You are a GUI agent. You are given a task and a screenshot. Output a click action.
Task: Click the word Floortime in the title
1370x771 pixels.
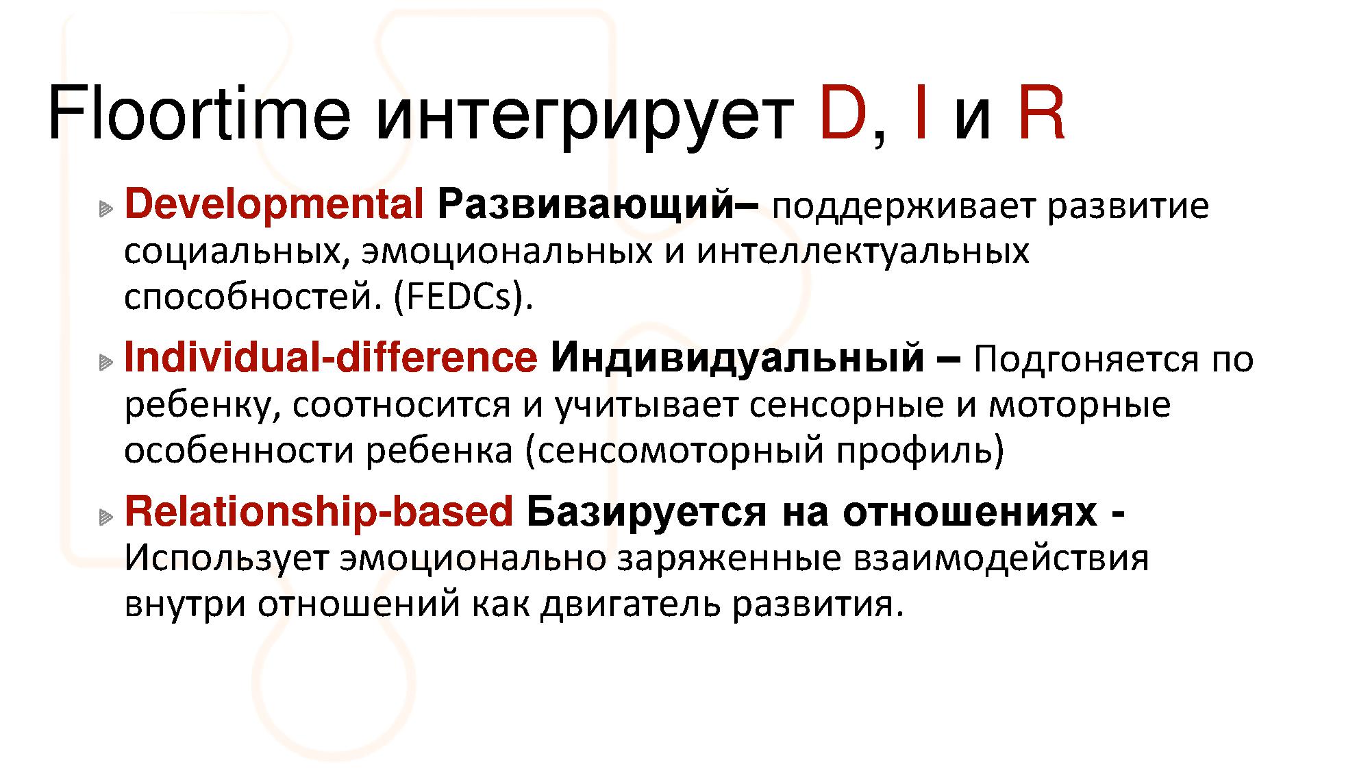[x=199, y=112]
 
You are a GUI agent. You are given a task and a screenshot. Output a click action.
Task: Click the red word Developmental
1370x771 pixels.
[x=274, y=205]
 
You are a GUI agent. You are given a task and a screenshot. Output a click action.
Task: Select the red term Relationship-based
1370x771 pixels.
[x=319, y=512]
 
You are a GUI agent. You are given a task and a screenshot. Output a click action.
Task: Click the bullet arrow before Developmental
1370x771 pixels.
[x=105, y=208]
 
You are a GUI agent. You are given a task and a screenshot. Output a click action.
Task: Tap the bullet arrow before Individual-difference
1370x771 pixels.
[x=105, y=362]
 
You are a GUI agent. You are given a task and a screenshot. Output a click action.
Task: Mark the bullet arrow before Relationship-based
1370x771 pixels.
[x=105, y=516]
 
